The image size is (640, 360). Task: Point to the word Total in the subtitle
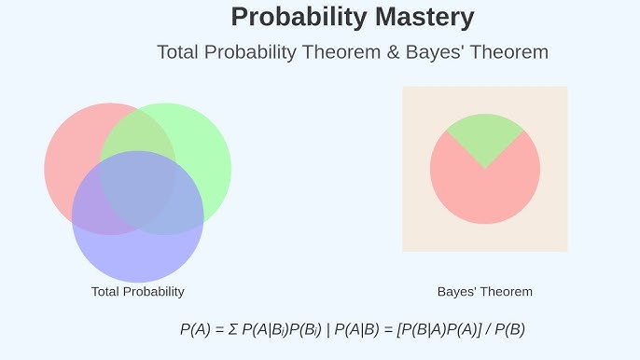(x=179, y=52)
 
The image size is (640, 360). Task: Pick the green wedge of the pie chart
(x=484, y=135)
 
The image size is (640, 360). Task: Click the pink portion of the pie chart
(x=484, y=191)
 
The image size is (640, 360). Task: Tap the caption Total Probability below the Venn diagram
(x=137, y=292)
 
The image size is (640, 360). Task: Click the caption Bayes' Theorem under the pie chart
(x=484, y=292)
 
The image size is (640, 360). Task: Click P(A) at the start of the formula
(x=196, y=329)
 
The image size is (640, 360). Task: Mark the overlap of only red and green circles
(x=140, y=131)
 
